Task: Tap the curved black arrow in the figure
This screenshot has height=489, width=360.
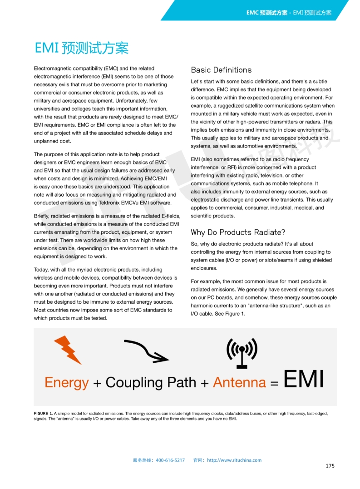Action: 146,351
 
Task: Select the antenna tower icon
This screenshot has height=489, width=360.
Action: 242,353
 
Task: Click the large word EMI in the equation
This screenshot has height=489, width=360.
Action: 303,380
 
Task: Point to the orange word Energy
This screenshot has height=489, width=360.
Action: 66,382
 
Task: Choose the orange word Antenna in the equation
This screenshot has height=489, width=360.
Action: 239,382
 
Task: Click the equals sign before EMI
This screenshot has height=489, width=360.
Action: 274,383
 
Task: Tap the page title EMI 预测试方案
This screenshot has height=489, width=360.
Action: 82,48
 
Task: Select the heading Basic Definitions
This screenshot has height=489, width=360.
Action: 221,70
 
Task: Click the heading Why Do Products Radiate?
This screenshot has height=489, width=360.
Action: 238,232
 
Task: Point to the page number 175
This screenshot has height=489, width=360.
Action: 330,466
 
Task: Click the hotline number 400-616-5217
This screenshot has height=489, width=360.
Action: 170,460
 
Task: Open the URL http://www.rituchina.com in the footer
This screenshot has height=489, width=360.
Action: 234,460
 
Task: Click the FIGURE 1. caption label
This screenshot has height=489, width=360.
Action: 43,414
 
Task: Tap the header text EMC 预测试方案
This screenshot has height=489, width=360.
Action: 267,13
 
